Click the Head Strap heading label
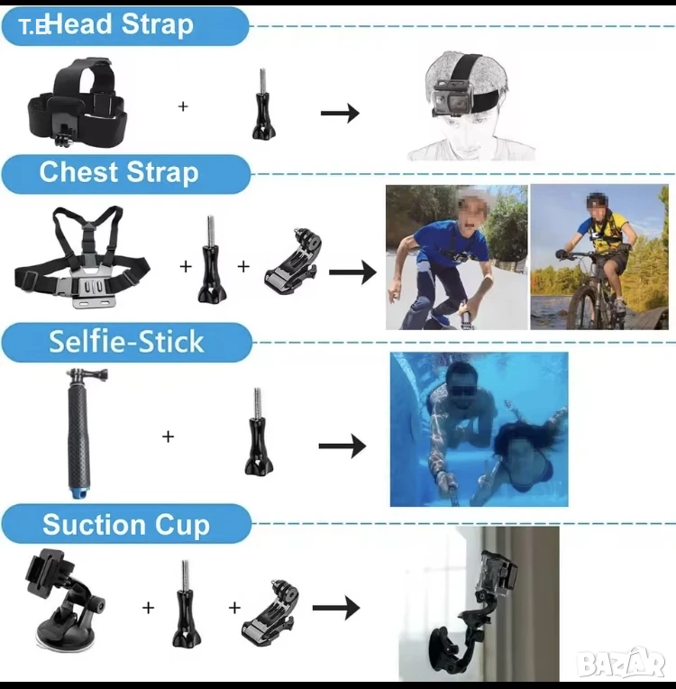[125, 25]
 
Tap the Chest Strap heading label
[126, 173]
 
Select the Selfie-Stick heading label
[126, 342]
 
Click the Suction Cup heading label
[126, 524]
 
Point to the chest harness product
[82, 257]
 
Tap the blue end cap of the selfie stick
[78, 491]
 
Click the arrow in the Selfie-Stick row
[343, 446]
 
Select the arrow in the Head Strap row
[340, 114]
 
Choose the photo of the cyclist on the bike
[599, 257]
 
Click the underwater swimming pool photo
[479, 429]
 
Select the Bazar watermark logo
[621, 663]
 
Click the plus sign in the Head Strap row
[183, 106]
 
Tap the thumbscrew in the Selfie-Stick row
[260, 431]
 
